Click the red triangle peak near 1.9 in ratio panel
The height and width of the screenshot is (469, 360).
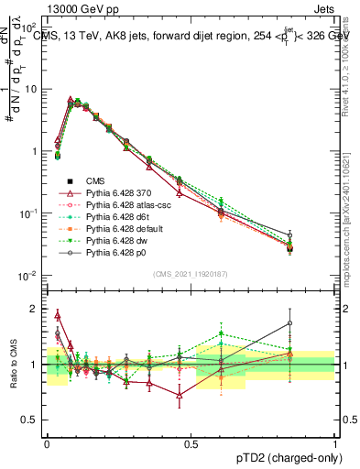[58, 314]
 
